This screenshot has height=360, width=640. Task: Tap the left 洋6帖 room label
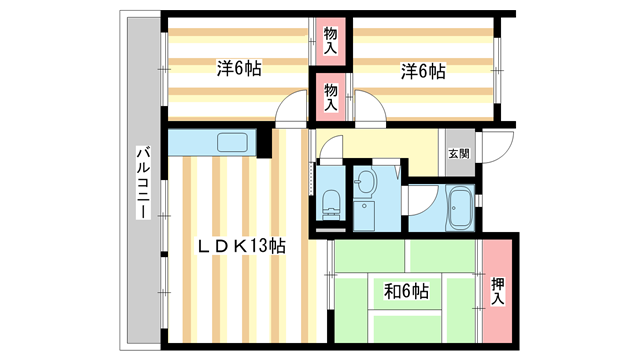(x=240, y=70)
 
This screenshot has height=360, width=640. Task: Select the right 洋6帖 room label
(x=423, y=71)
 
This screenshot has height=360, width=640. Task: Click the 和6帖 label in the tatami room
(x=406, y=292)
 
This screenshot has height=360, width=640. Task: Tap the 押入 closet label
(x=498, y=290)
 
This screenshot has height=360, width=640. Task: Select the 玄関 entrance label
(x=458, y=154)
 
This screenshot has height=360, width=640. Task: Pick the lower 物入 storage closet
(x=330, y=96)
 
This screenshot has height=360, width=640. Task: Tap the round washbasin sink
(x=365, y=183)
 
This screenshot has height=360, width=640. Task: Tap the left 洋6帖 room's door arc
(x=292, y=108)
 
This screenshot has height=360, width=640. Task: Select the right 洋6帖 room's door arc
(x=368, y=108)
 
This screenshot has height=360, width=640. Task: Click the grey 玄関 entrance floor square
(x=458, y=153)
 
